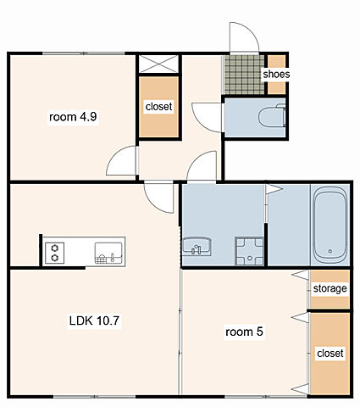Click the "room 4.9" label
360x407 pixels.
coord(73,117)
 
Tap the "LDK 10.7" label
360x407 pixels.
coord(94,321)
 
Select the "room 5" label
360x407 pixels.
coord(244,332)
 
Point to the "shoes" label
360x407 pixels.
coord(276,74)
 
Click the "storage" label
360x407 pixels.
coord(330,288)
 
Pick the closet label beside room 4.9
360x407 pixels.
coord(158,107)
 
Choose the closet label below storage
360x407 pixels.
coord(330,353)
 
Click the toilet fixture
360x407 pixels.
coord(272,116)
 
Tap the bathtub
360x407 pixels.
coord(330,225)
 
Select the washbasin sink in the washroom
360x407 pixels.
coord(197,246)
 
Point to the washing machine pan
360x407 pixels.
coord(249,251)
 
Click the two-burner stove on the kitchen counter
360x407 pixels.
coord(55,253)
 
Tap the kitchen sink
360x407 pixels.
coord(108,253)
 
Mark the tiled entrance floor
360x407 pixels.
coord(245,75)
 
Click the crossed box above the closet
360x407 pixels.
coord(159,64)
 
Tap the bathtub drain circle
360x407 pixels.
coord(330,251)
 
